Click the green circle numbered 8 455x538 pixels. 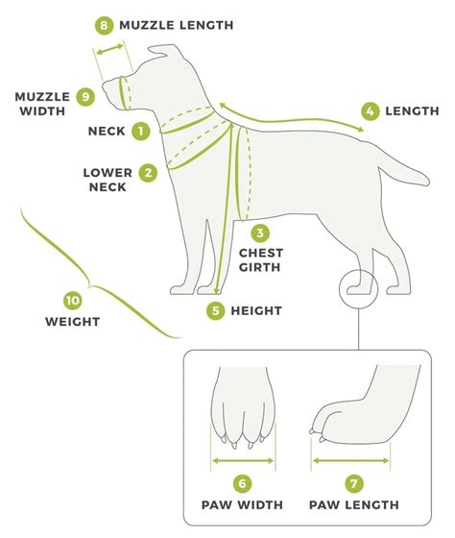[x=104, y=24]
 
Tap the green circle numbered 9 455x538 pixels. [x=84, y=96]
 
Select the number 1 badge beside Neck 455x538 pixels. [x=141, y=130]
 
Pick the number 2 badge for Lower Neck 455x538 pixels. [x=148, y=173]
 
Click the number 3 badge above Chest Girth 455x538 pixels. [x=260, y=232]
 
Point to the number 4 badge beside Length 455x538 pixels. [x=370, y=110]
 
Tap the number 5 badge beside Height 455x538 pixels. [x=216, y=310]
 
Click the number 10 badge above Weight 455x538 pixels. [x=72, y=299]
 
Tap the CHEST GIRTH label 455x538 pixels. [x=259, y=259]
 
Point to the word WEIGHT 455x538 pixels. [x=72, y=322]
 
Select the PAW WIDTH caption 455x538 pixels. [x=242, y=506]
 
